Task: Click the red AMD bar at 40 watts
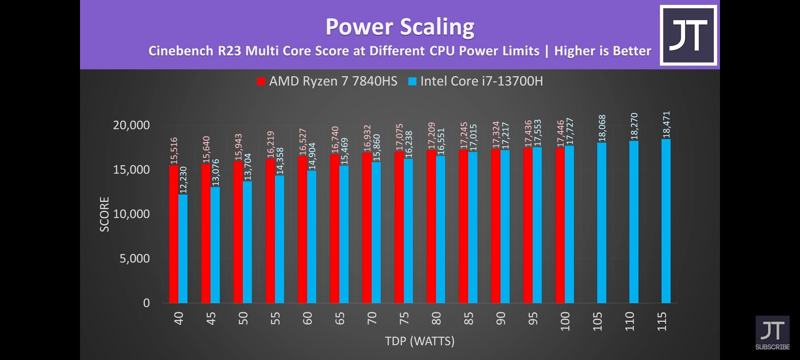pyautogui.click(x=173, y=234)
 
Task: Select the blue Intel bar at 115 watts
pyautogui.click(x=666, y=221)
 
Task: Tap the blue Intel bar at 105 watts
pyautogui.click(x=602, y=223)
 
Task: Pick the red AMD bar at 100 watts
pyautogui.click(x=560, y=225)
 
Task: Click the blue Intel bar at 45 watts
pyautogui.click(x=215, y=245)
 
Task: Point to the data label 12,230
pyautogui.click(x=183, y=180)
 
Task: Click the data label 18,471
pyautogui.click(x=666, y=125)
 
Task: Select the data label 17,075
pyautogui.click(x=399, y=137)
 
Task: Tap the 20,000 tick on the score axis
pyautogui.click(x=131, y=125)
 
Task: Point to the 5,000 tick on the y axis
pyautogui.click(x=135, y=258)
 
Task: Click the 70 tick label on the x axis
pyautogui.click(x=371, y=318)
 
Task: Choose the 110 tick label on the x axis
pyautogui.click(x=629, y=321)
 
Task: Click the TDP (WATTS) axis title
pyautogui.click(x=420, y=341)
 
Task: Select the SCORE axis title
pyautogui.click(x=105, y=214)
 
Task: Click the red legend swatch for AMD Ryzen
pyautogui.click(x=261, y=81)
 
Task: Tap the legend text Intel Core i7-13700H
pyautogui.click(x=481, y=81)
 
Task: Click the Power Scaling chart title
pyautogui.click(x=400, y=27)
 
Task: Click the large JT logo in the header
pyautogui.click(x=688, y=35)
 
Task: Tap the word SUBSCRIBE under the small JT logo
pyautogui.click(x=772, y=347)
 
